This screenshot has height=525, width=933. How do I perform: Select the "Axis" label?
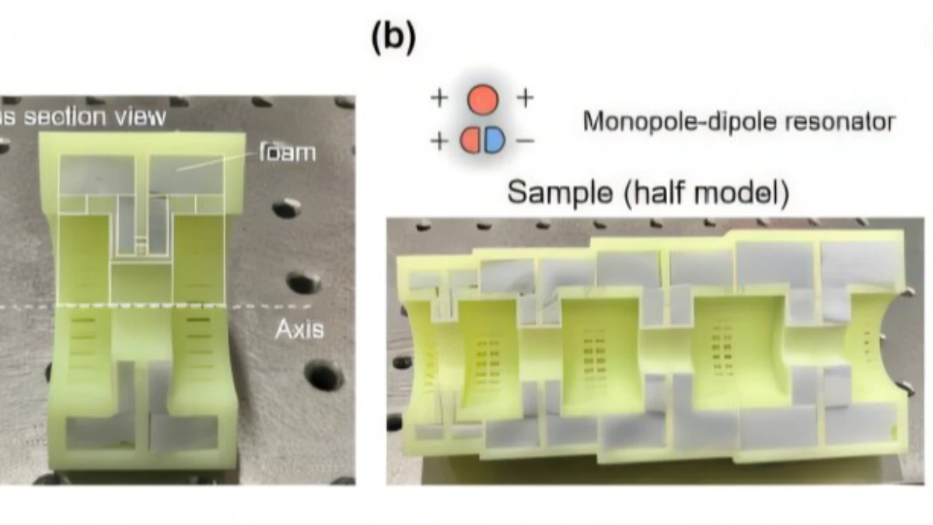pos(299,331)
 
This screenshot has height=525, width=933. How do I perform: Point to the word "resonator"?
pos(844,122)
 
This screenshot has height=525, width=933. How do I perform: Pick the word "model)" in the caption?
pos(745,192)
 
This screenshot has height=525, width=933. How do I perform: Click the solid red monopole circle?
pos(483,99)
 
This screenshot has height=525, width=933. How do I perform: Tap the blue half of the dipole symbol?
pos(494,140)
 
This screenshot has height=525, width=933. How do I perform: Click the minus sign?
pos(525,141)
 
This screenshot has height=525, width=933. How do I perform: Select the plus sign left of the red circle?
pos(439,99)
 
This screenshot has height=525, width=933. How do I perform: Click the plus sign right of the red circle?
pos(526,99)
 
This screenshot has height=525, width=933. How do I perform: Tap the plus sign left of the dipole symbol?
pos(439,141)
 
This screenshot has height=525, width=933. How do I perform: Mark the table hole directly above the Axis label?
pos(303,282)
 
